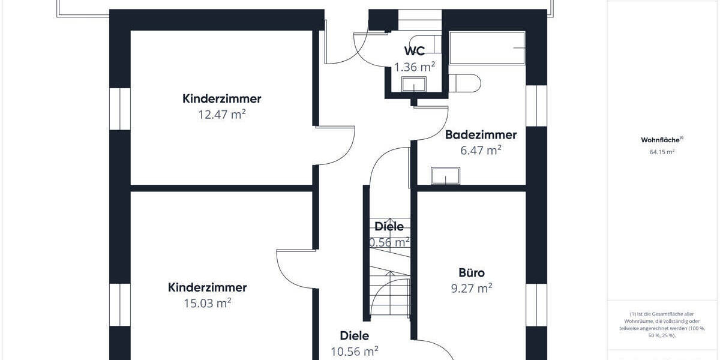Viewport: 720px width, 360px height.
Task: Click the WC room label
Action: click(415, 51)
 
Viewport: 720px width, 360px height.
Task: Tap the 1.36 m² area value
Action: click(415, 67)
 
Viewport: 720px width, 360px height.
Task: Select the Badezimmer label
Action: click(481, 135)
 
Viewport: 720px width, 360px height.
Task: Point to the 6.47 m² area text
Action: click(481, 150)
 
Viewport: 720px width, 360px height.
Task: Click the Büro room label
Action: click(472, 273)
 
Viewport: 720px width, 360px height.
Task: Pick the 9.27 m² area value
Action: click(472, 288)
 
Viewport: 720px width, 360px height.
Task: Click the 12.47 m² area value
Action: click(222, 114)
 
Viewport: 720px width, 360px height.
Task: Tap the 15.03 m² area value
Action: click(208, 303)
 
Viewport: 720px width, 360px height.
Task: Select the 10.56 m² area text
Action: click(355, 351)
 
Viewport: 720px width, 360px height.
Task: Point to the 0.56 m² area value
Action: click(390, 242)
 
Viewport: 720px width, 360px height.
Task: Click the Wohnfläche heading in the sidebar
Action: click(661, 140)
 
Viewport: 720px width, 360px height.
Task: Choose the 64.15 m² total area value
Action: click(662, 152)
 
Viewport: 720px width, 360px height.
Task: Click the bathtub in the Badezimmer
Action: click(487, 48)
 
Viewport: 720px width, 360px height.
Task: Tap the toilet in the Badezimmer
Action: click(465, 83)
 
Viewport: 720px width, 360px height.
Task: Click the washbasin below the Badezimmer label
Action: click(445, 176)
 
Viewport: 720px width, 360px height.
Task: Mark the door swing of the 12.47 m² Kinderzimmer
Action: click(336, 145)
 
